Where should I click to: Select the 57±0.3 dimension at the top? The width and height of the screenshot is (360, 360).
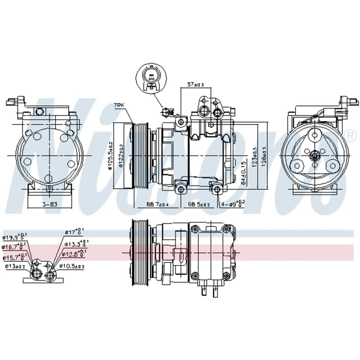(196, 85)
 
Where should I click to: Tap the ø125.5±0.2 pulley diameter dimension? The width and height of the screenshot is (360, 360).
(110, 156)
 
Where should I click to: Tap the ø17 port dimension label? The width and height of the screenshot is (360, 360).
(75, 233)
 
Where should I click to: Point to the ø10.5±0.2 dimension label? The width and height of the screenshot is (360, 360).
(73, 266)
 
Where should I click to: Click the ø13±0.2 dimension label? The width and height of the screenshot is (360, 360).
(16, 266)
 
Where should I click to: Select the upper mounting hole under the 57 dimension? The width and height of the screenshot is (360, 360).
(181, 122)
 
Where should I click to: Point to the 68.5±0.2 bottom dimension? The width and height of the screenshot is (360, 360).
(198, 205)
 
